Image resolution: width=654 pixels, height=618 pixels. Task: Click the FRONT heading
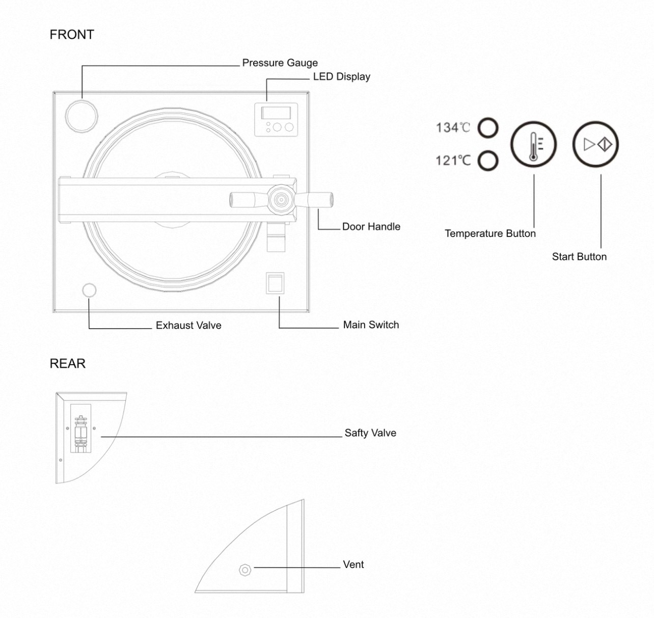pyautogui.click(x=72, y=35)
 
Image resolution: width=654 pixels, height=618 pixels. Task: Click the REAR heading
pyautogui.click(x=68, y=363)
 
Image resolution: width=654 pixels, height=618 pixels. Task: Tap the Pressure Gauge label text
pyautogui.click(x=280, y=63)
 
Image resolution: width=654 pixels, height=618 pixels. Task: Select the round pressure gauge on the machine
pyautogui.click(x=81, y=116)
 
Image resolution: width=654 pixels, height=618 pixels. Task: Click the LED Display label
pyautogui.click(x=341, y=76)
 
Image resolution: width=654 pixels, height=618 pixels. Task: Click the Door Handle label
pyautogui.click(x=371, y=227)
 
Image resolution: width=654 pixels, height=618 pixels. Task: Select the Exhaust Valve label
pyautogui.click(x=188, y=326)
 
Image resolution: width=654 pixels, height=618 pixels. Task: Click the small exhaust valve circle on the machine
pyautogui.click(x=89, y=290)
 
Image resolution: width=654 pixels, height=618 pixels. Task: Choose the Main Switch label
pyautogui.click(x=371, y=325)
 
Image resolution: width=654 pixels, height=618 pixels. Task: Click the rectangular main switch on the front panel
pyautogui.click(x=275, y=283)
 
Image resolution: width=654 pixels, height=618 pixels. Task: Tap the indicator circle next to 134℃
pyautogui.click(x=488, y=128)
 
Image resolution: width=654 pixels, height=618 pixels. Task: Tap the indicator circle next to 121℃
pyautogui.click(x=488, y=161)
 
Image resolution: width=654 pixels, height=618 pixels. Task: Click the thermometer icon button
pyautogui.click(x=533, y=145)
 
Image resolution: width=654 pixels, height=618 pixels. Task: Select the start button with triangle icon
pyautogui.click(x=595, y=145)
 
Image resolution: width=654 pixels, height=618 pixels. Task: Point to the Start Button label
pyautogui.click(x=579, y=257)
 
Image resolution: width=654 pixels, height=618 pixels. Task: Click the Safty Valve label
pyautogui.click(x=370, y=433)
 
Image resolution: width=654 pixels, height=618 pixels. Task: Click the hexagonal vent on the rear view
pyautogui.click(x=245, y=570)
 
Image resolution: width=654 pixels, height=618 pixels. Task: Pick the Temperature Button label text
pyautogui.click(x=490, y=233)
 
